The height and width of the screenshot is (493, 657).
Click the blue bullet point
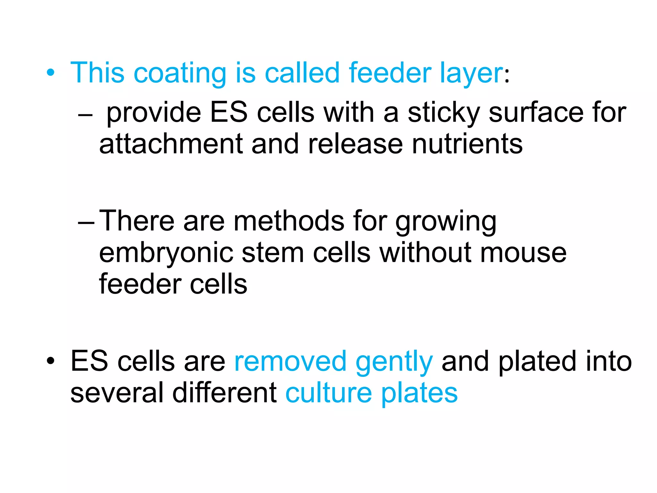point(50,73)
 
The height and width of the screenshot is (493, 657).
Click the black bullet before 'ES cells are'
point(50,361)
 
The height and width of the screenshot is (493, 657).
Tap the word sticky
point(444,113)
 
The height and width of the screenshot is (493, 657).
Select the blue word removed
point(290,362)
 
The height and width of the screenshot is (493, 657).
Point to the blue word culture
point(329,393)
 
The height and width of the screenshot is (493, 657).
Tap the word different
point(225,393)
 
